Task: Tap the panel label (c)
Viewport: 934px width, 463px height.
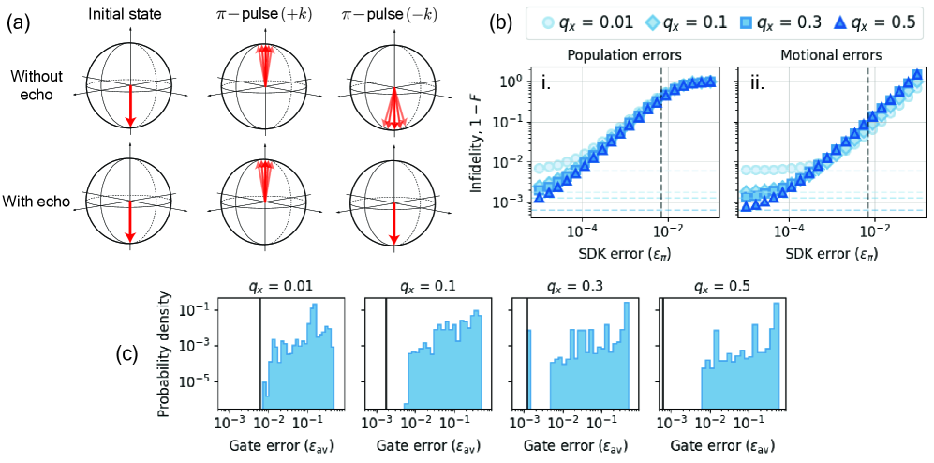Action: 131,356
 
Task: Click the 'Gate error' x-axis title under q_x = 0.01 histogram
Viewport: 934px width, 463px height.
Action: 279,446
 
